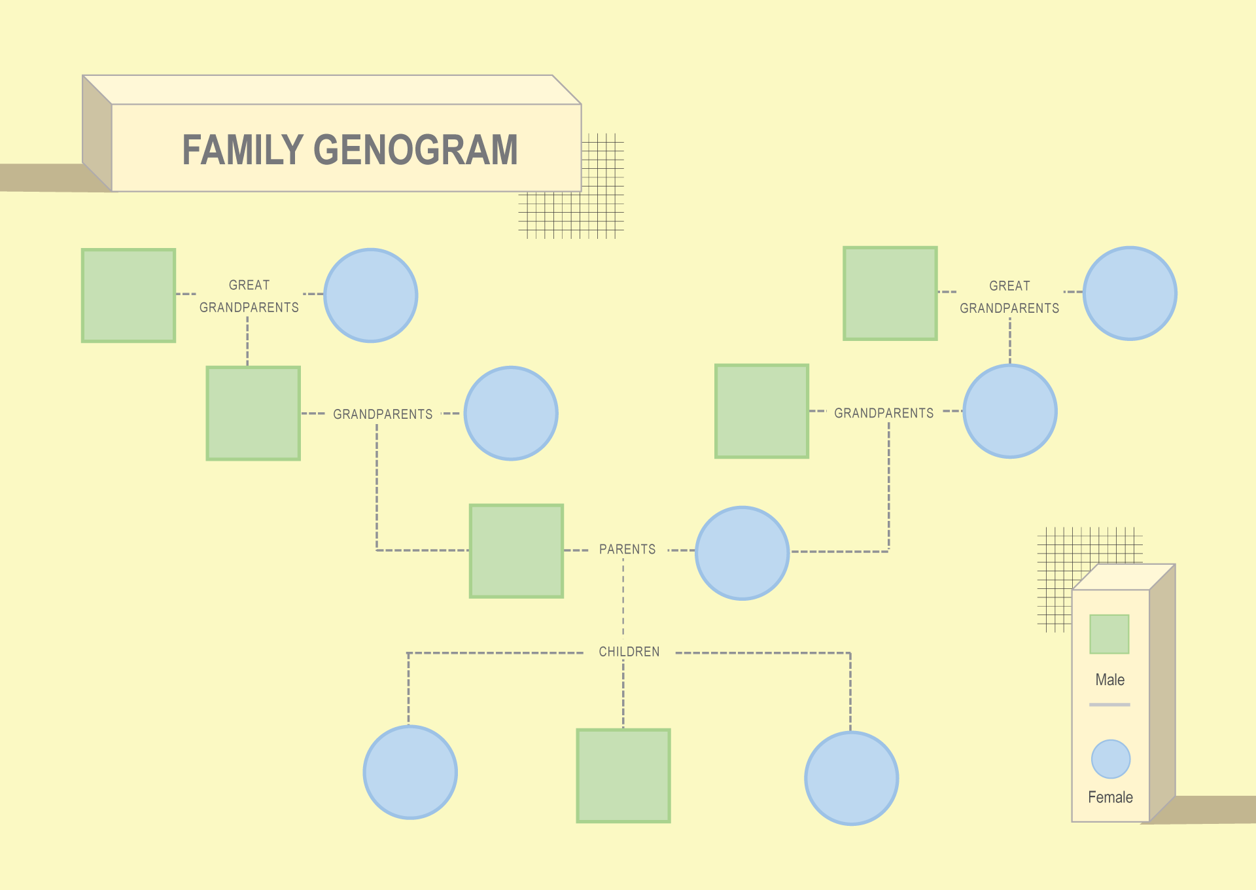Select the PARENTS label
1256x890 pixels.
click(x=627, y=550)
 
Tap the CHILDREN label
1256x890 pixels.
click(x=629, y=652)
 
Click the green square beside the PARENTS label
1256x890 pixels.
click(x=516, y=551)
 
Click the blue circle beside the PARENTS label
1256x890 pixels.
click(x=742, y=553)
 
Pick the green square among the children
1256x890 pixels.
click(x=623, y=775)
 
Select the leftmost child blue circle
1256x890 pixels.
click(x=410, y=772)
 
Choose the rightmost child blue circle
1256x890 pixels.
click(x=852, y=778)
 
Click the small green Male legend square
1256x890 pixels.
click(x=1109, y=634)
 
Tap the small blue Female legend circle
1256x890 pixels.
click(x=1111, y=759)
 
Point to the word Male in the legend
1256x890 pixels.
click(x=1110, y=680)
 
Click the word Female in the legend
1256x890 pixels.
click(x=1110, y=797)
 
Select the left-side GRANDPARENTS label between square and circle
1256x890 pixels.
click(x=383, y=414)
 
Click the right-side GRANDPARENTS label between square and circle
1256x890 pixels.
click(x=884, y=413)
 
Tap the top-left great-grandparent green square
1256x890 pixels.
click(x=128, y=295)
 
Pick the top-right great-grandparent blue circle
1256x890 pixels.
click(x=1130, y=293)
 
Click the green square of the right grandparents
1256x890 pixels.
click(x=762, y=411)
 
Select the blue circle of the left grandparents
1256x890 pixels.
click(x=511, y=413)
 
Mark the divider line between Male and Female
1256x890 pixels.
click(x=1109, y=705)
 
